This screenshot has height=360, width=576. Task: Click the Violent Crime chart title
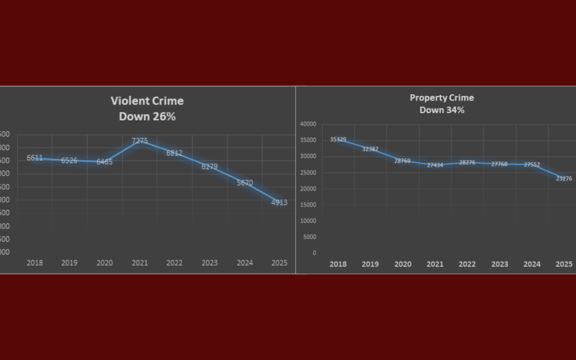tap(147, 101)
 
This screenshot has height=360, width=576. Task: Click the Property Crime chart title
tap(442, 98)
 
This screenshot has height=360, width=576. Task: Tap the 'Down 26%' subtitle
tap(147, 116)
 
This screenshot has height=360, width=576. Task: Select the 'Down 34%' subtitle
tap(442, 110)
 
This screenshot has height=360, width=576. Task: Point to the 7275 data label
tap(140, 141)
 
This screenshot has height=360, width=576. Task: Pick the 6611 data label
tap(35, 158)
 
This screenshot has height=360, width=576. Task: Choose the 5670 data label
tap(245, 183)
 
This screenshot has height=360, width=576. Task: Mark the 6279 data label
tap(210, 166)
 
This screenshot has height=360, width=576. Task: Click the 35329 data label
tap(338, 139)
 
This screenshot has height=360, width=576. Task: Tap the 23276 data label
tap(564, 179)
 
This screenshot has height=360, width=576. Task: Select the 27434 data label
tap(435, 165)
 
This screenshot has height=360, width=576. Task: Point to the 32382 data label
tap(370, 149)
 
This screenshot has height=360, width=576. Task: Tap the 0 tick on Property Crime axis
tap(314, 253)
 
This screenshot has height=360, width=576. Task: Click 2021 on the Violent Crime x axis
tap(139, 263)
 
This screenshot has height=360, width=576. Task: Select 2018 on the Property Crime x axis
tap(338, 264)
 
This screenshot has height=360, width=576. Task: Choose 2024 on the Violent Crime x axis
tap(244, 263)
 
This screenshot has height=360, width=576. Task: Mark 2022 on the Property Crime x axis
tap(467, 264)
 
